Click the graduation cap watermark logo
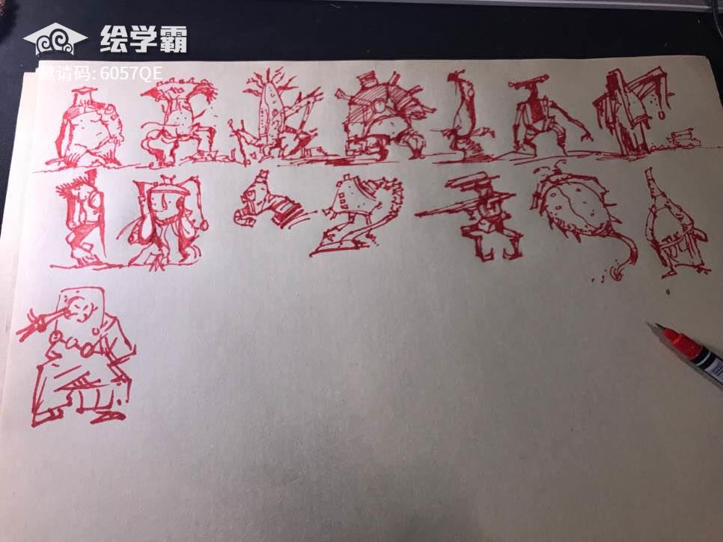click(55, 39)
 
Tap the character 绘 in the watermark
click(114, 39)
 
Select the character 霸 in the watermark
click(172, 39)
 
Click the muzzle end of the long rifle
click(418, 215)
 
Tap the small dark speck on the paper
click(668, 291)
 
